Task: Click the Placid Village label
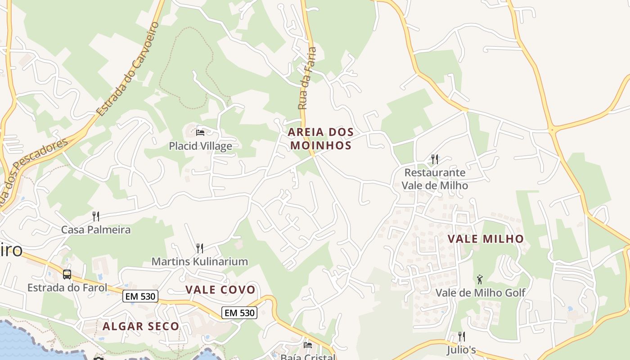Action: pos(200,146)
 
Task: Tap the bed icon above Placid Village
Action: pos(200,133)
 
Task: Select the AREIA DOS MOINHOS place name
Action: pos(320,139)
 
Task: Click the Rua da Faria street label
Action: pos(307,79)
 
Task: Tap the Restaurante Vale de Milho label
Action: pos(434,179)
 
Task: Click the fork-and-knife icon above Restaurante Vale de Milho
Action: pos(434,159)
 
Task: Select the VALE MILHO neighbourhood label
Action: pos(486,239)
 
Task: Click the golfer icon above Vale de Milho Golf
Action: pos(480,279)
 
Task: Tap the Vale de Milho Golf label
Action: pos(480,293)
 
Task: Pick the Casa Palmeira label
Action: pos(96,229)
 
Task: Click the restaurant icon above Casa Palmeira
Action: pos(96,216)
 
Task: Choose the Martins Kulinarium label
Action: pos(199,261)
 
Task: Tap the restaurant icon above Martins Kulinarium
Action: pos(199,248)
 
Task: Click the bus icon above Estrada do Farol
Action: pos(67,274)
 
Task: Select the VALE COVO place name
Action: pos(220,290)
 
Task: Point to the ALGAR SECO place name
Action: pos(141,326)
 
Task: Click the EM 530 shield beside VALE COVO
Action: pos(140,296)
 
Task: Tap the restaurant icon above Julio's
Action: pos(461,337)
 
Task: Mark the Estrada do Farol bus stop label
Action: pos(67,288)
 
